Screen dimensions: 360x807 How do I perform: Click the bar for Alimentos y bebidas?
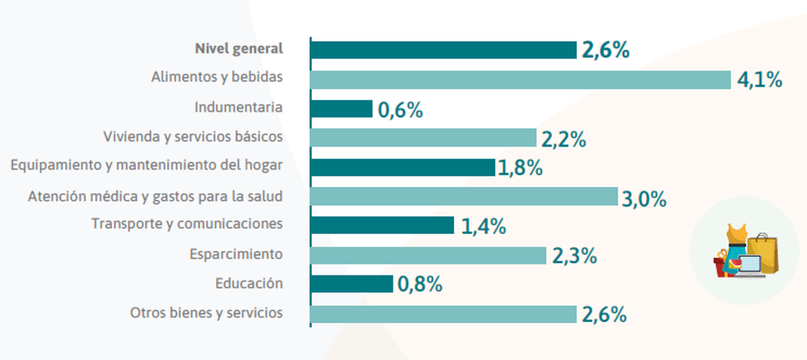(x=520, y=79)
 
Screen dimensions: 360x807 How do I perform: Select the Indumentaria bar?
(x=342, y=109)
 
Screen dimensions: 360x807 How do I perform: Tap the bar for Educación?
(x=352, y=284)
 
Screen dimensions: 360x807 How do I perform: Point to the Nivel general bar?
(x=443, y=50)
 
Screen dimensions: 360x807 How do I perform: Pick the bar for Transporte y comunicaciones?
(x=382, y=225)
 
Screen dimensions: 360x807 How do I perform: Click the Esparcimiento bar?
(x=428, y=255)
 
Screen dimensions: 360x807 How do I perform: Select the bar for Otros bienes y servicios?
(x=443, y=314)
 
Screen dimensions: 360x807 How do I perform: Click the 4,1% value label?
(x=759, y=80)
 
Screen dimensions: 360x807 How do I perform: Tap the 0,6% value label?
(x=400, y=110)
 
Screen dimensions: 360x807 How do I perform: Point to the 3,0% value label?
(x=644, y=199)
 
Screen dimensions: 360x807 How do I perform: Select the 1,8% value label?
(x=520, y=168)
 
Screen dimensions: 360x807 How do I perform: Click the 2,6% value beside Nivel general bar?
(x=605, y=50)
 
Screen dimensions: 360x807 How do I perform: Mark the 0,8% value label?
(x=420, y=285)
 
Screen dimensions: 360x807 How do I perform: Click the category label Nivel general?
(x=239, y=48)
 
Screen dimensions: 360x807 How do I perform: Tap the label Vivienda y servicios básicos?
(x=192, y=137)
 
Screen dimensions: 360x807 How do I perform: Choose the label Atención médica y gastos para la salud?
(x=155, y=196)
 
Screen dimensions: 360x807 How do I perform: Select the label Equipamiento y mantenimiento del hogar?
(x=147, y=166)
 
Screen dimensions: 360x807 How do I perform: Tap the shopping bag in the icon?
(x=764, y=252)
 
